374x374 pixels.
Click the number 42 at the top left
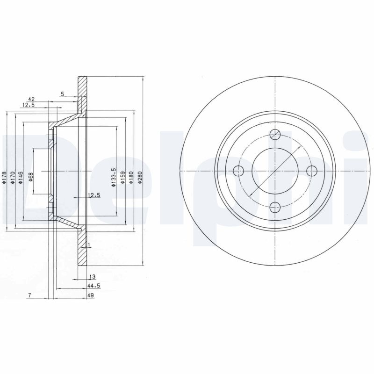point(32,99)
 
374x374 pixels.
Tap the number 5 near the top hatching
point(62,93)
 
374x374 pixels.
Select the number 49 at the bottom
point(91,295)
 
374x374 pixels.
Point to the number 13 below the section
point(92,277)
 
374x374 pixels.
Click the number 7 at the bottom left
point(29,295)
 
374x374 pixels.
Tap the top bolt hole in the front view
point(275,135)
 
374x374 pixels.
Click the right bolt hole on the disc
point(311,171)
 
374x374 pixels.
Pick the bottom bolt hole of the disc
point(275,206)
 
